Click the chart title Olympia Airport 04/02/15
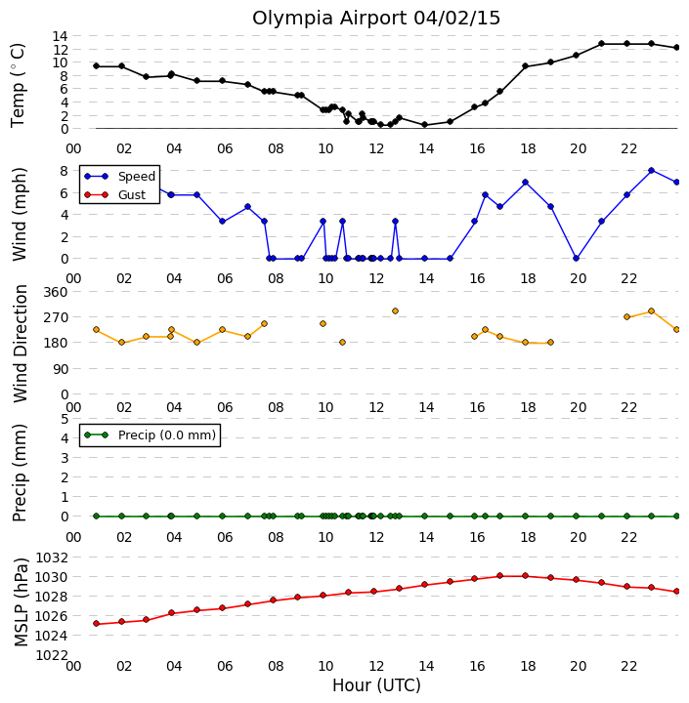(376, 19)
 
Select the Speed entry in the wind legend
(120, 176)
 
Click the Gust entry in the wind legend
(115, 195)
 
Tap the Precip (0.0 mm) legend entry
(150, 434)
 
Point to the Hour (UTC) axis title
(376, 685)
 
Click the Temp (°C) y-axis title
(18, 85)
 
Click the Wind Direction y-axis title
(21, 344)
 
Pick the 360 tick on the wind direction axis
(55, 292)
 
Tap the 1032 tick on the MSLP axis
(52, 558)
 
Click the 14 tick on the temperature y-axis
(60, 36)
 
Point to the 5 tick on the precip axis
(65, 419)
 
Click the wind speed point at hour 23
(651, 170)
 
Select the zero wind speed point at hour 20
(577, 258)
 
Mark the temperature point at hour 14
(424, 125)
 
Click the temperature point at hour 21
(601, 44)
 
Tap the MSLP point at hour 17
(500, 576)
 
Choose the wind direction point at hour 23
(651, 311)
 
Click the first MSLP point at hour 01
(96, 624)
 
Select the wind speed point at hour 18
(525, 182)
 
